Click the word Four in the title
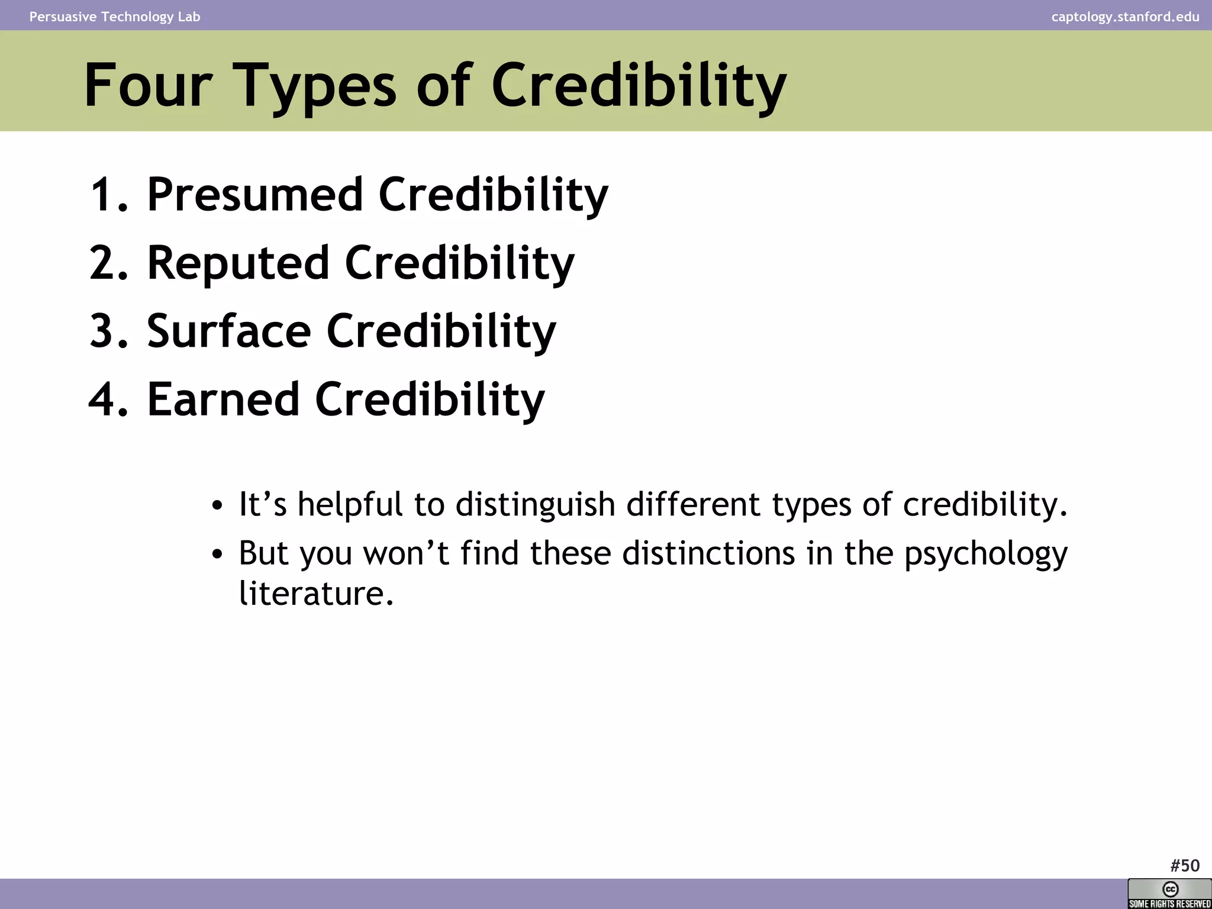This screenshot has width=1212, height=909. click(148, 86)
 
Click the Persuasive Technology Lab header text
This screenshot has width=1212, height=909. click(115, 17)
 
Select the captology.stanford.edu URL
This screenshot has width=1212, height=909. click(1125, 17)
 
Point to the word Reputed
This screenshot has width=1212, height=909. click(238, 263)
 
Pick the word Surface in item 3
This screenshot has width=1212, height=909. click(229, 331)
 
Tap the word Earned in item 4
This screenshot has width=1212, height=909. click(223, 399)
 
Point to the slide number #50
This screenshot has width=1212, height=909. click(1185, 866)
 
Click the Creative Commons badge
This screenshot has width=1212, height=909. click(1169, 894)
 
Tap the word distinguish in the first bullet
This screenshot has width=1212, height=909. click(535, 505)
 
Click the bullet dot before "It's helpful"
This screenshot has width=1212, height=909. click(217, 506)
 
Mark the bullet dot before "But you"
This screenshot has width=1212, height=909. click(217, 555)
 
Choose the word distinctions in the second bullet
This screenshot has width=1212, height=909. click(708, 553)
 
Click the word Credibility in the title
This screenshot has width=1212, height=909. click(639, 86)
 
